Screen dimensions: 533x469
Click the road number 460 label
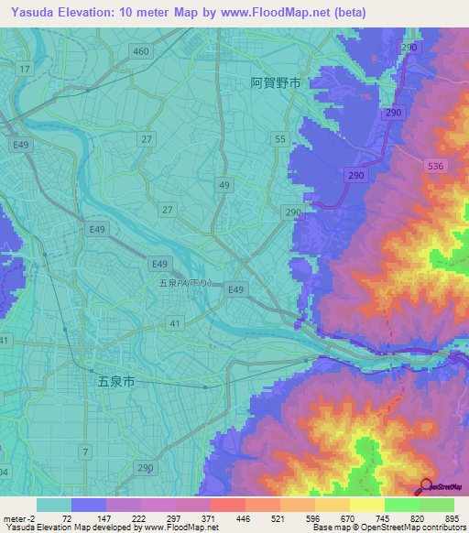pyautogui.click(x=140, y=51)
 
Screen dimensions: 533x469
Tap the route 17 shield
pyautogui.click(x=24, y=70)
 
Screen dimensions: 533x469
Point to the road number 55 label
pyautogui.click(x=279, y=138)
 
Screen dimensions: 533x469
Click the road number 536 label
pyautogui.click(x=435, y=166)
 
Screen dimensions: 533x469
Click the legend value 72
pyautogui.click(x=66, y=518)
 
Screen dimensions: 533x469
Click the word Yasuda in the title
pyautogui.click(x=29, y=12)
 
